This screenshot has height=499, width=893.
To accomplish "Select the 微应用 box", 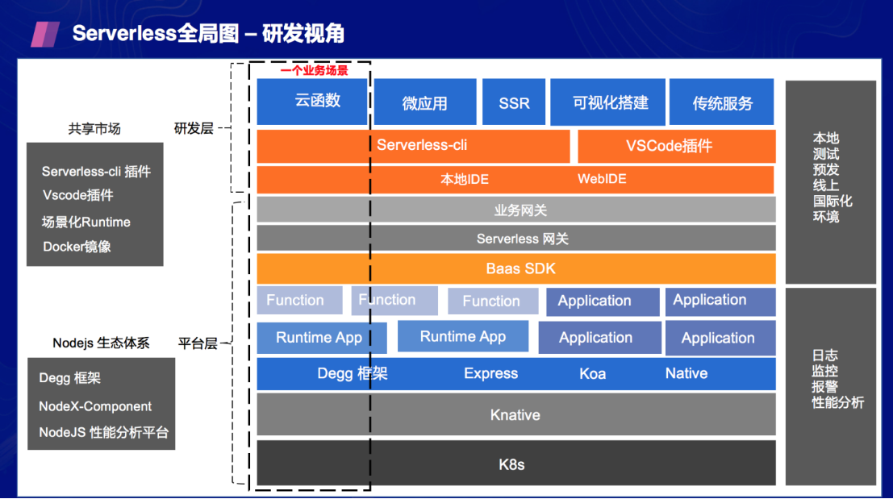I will [424, 102].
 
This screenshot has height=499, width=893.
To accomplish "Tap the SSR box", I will [514, 102].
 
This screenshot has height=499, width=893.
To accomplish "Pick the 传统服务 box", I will [722, 102].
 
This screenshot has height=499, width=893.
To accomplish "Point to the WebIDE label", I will [601, 179].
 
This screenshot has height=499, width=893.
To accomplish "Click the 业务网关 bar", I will [516, 210].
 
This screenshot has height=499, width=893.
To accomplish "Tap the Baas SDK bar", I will [516, 268].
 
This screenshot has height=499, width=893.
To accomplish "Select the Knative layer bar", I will [516, 415].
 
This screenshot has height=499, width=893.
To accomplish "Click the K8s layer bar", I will [516, 464].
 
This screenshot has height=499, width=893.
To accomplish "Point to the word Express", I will [490, 373].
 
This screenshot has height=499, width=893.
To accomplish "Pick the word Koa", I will [592, 373].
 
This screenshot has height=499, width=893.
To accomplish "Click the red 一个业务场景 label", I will [314, 71].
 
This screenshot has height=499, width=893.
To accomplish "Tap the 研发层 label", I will [194, 128].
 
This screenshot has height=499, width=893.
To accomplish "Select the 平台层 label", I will [198, 343].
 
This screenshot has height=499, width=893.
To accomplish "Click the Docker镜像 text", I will [77, 247].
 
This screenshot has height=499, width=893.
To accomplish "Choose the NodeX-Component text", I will [95, 406].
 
